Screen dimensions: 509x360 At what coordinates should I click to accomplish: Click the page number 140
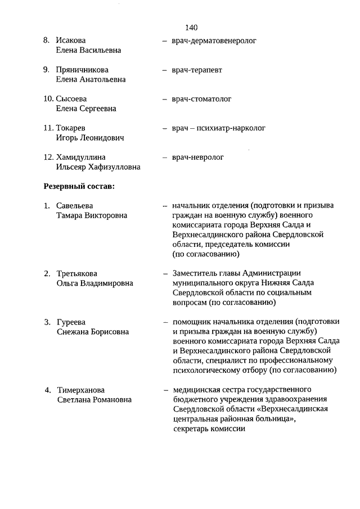point(191,27)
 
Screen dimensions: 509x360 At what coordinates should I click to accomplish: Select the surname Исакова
point(71,40)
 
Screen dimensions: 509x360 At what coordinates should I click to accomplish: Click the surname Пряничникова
point(82,70)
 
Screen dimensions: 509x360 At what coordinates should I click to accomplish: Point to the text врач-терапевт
point(197,70)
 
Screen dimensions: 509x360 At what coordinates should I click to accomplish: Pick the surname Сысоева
point(72,99)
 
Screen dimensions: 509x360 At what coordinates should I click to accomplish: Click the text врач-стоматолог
point(201,99)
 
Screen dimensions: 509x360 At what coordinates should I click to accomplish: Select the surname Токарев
point(71,128)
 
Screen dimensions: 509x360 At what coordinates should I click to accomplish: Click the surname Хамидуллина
point(81,157)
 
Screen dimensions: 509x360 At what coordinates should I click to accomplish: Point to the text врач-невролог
point(198,157)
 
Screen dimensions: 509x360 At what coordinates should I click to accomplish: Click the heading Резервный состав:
point(79,186)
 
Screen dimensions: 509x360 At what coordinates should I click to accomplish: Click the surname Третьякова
point(76,274)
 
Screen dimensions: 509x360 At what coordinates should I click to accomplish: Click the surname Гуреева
point(71,322)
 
